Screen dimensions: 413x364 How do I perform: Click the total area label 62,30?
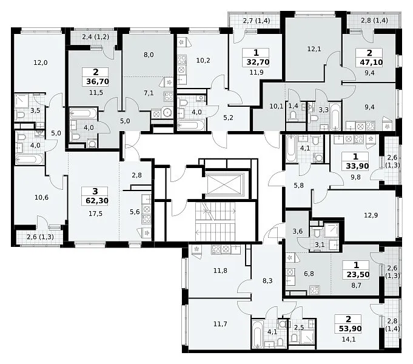tap(97, 201)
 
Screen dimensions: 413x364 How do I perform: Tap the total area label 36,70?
tap(98, 82)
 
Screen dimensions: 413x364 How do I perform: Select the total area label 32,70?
tap(258, 62)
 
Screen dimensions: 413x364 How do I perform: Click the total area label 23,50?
tap(358, 275)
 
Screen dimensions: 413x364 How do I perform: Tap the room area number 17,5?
tap(95, 214)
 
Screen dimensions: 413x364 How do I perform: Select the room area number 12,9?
tap(371, 215)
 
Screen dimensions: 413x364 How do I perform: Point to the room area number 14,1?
tap(349, 339)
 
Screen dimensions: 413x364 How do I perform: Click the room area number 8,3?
tap(267, 281)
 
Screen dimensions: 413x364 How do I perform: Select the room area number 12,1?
tap(314, 49)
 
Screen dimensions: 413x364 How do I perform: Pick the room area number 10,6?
tap(42, 197)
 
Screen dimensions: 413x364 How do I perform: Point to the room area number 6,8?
tap(309, 274)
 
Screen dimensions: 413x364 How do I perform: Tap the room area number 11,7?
tap(220, 324)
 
